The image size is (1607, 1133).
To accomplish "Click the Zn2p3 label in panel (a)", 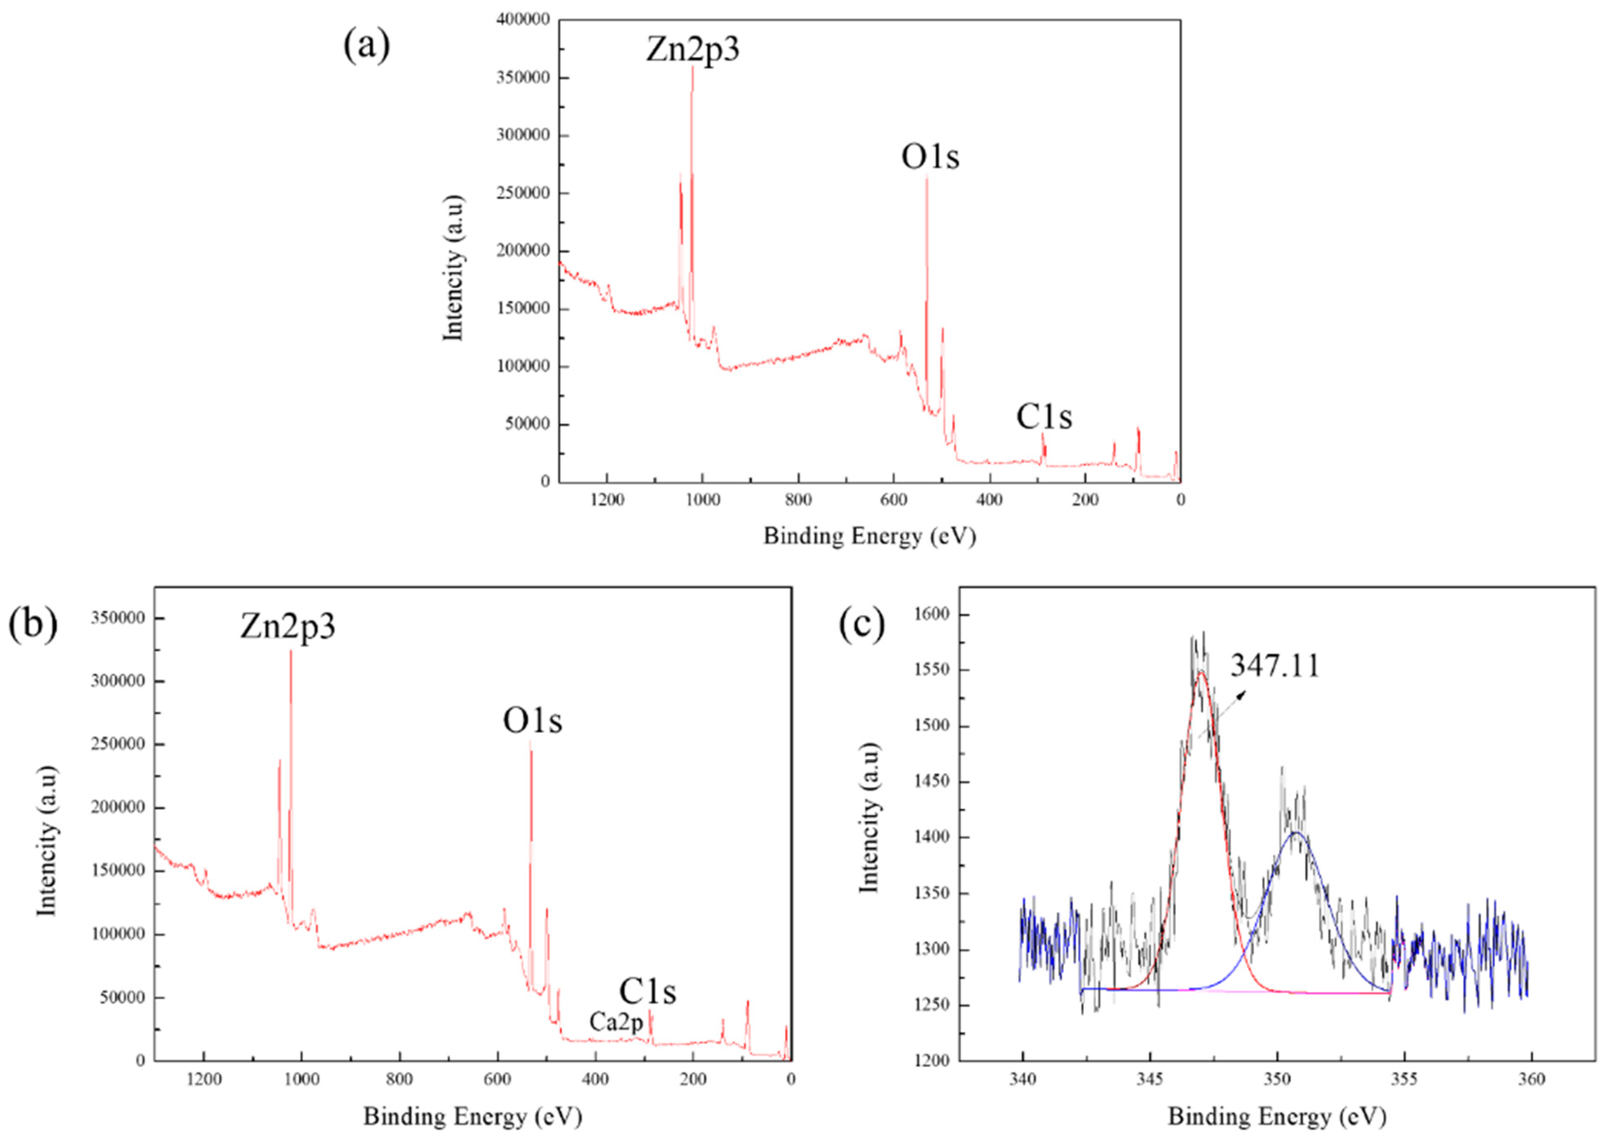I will click(691, 51).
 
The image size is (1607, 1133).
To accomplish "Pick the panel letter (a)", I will click(367, 46).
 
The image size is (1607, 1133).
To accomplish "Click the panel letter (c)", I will click(862, 625).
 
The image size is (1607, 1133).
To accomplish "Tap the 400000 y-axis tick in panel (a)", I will click(523, 20).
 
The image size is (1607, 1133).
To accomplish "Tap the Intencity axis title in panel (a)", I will click(454, 268).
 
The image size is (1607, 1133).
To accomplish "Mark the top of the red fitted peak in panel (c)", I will click(1201, 672).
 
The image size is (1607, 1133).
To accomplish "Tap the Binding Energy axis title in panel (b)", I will click(473, 1116).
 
